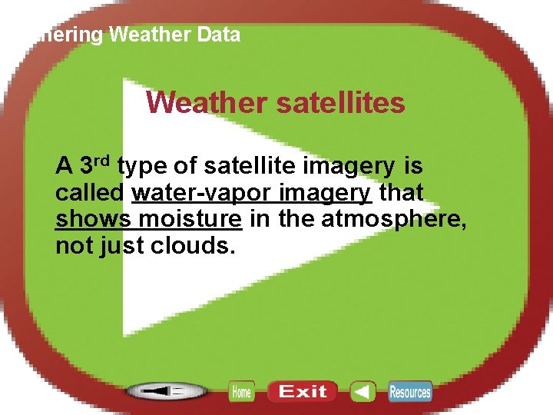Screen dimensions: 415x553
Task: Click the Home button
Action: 241,392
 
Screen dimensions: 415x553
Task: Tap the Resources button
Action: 409,392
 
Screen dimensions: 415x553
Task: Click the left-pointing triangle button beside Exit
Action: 363,392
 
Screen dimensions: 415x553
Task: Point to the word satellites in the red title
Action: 341,102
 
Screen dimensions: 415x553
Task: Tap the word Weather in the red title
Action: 207,102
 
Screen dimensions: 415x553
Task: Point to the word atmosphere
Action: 393,219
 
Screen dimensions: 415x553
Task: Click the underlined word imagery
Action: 331,192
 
